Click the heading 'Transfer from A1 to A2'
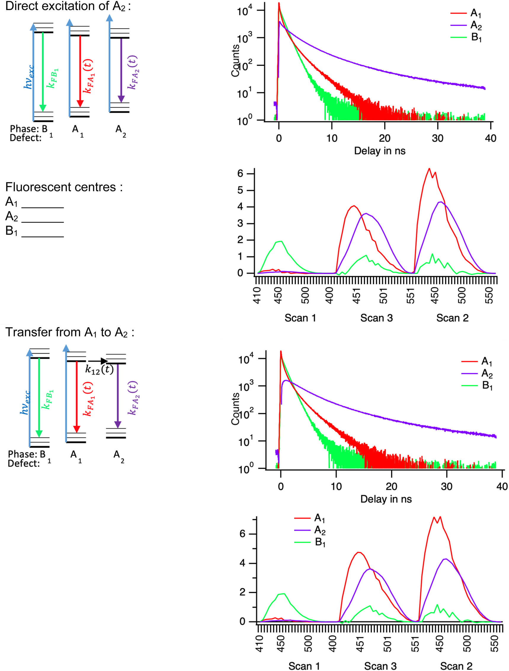(70, 333)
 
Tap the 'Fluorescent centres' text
(64, 187)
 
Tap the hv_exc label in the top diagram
(28, 77)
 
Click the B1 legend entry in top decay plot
(476, 38)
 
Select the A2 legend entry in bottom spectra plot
(320, 530)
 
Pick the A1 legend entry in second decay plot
(486, 362)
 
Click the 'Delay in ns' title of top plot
(380, 151)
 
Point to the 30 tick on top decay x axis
(438, 138)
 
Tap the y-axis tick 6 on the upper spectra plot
(240, 174)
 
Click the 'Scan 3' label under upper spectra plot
(376, 318)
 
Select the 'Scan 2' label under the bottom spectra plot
(456, 666)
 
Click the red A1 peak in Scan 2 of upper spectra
(429, 169)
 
